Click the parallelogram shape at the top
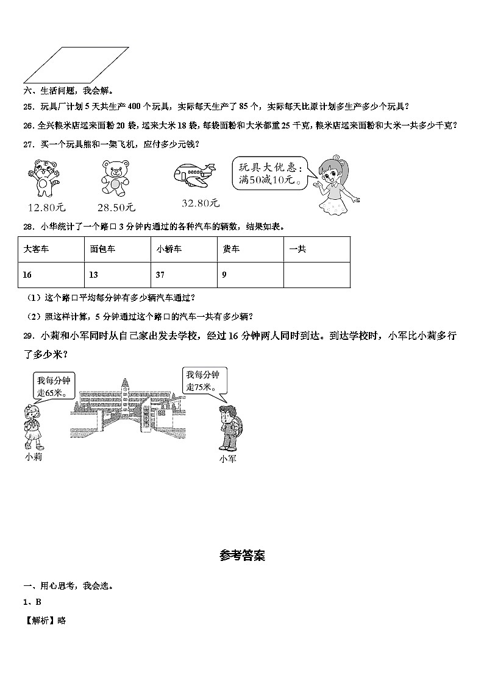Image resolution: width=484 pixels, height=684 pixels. [x=76, y=65]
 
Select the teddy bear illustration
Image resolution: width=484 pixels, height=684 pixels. [x=114, y=177]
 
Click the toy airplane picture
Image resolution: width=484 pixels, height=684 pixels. [x=194, y=174]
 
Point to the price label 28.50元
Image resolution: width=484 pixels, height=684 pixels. [x=115, y=206]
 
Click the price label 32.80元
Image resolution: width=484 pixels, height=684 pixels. [x=200, y=203]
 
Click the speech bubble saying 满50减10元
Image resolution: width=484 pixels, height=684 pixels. [x=269, y=174]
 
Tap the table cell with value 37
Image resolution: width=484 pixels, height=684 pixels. [x=183, y=275]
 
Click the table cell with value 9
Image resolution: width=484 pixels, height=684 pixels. [x=250, y=275]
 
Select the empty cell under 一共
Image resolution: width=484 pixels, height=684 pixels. [x=316, y=275]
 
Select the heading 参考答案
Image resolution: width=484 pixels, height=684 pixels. [x=242, y=555]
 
